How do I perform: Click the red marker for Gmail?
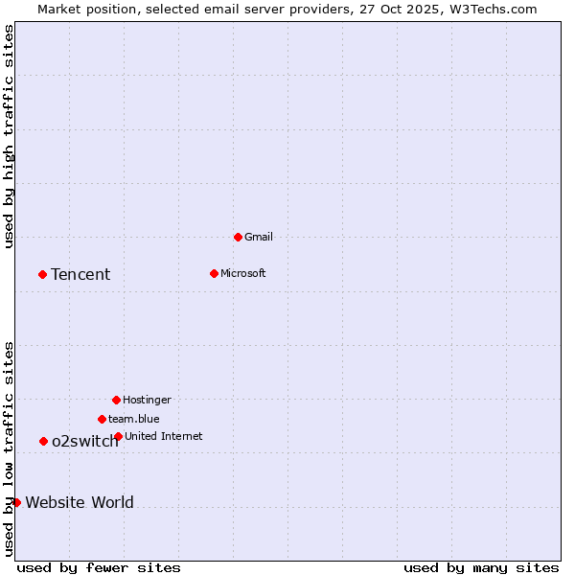pyautogui.click(x=238, y=237)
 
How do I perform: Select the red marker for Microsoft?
pyautogui.click(x=214, y=273)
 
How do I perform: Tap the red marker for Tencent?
pyautogui.click(x=42, y=274)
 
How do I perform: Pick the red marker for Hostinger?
pyautogui.click(x=116, y=400)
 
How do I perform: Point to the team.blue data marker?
pyautogui.click(x=102, y=419)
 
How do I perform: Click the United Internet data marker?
pyautogui.click(x=118, y=436)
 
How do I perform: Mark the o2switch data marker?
pyautogui.click(x=43, y=441)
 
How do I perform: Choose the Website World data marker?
pyautogui.click(x=16, y=502)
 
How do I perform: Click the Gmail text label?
pyautogui.click(x=259, y=237)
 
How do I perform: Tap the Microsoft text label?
pyautogui.click(x=243, y=273)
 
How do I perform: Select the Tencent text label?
pyautogui.click(x=80, y=275)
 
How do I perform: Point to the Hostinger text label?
pyautogui.click(x=147, y=400)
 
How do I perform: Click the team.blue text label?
pyautogui.click(x=134, y=419)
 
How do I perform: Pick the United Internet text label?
pyautogui.click(x=164, y=436)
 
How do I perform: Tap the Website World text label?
pyautogui.click(x=80, y=502)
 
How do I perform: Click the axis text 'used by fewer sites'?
pyautogui.click(x=99, y=567)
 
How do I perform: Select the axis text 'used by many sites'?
pyautogui.click(x=481, y=567)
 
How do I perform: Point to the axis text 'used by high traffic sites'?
pyautogui.click(x=9, y=136)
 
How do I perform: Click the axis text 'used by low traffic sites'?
pyautogui.click(x=9, y=448)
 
